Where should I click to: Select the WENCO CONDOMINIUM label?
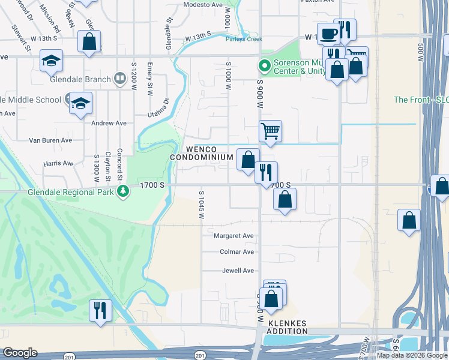click(201, 153)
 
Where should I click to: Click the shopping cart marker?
click(271, 130)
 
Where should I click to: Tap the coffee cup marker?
click(328, 34)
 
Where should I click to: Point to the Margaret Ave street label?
click(234, 236)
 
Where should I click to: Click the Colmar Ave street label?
click(237, 252)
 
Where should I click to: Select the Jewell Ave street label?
click(238, 271)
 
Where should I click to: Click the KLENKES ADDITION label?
click(286, 327)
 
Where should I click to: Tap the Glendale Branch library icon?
click(120, 79)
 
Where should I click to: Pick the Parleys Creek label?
click(244, 39)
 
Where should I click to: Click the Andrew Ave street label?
click(109, 123)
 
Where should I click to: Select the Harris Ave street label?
click(58, 163)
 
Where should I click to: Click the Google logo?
click(20, 353)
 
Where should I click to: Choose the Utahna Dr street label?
click(160, 106)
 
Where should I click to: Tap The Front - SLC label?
click(421, 100)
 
